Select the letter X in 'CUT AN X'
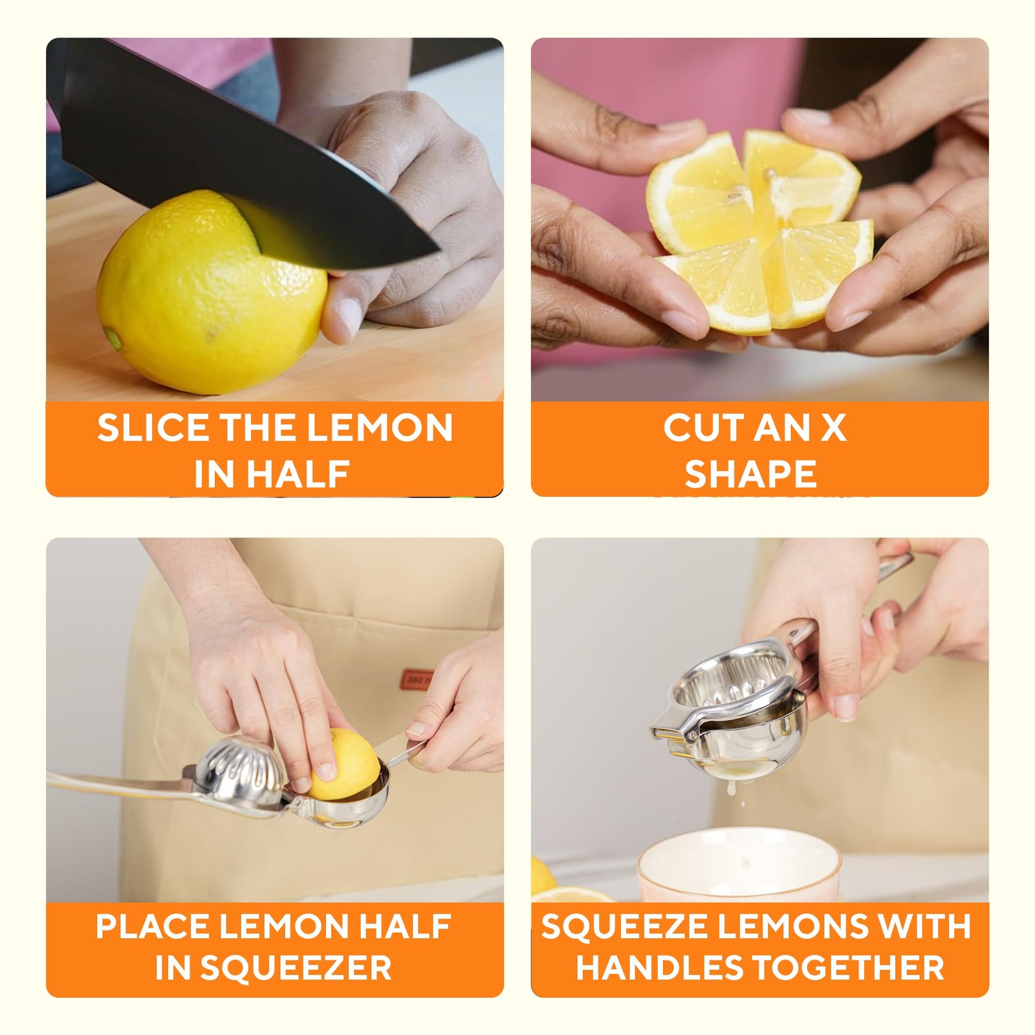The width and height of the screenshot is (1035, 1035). tap(834, 428)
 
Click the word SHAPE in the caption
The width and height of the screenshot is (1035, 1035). tap(750, 474)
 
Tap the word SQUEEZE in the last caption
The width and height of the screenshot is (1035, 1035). tap(624, 926)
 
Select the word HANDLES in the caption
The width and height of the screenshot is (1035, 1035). tap(660, 968)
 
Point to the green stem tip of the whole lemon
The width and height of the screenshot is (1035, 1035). tap(113, 337)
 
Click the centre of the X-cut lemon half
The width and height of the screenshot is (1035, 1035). tap(763, 230)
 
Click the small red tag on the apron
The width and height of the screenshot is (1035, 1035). tap(414, 679)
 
